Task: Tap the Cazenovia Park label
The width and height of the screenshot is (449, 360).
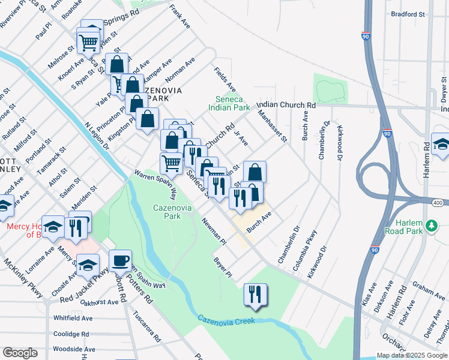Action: point(167,211)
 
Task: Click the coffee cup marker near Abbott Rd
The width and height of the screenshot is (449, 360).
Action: point(120,260)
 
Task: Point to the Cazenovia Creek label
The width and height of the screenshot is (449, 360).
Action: point(226,321)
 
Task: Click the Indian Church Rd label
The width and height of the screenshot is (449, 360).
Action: point(286,104)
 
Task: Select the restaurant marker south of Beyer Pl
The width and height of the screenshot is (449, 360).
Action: point(255,294)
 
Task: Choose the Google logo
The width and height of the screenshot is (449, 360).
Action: point(20,353)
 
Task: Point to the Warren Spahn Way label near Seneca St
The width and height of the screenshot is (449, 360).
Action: point(155,183)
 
